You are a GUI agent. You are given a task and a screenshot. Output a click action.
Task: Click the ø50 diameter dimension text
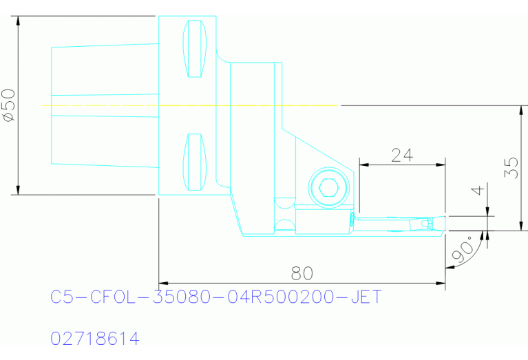tap(10, 105)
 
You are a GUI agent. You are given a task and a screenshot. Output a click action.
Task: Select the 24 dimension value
tap(401, 155)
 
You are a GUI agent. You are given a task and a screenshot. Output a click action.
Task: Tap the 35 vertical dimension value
tap(511, 168)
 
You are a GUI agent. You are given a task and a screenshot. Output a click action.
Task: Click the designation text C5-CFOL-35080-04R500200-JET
tap(215, 297)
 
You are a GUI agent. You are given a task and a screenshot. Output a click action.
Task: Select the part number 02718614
tap(95, 339)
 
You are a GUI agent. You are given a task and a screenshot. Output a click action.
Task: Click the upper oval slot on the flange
tap(195, 50)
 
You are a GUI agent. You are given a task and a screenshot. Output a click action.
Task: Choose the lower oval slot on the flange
tap(195, 162)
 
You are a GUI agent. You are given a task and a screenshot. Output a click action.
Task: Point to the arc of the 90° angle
tap(460, 257)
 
